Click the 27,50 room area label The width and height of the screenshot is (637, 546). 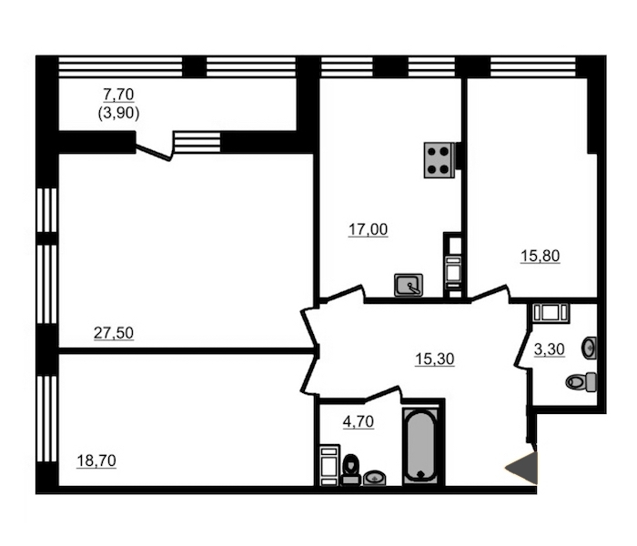click(114, 333)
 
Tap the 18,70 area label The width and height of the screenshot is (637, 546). click(96, 460)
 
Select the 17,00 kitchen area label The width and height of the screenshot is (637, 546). click(368, 229)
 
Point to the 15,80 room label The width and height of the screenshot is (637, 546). click(541, 256)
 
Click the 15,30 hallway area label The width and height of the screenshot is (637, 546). click(435, 359)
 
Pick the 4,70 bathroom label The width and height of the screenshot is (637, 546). click(359, 421)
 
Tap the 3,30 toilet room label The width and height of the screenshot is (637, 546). click(550, 349)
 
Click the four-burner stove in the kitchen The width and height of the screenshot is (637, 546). click(440, 160)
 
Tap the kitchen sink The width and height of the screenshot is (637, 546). click(409, 285)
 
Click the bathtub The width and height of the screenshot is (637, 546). click(420, 446)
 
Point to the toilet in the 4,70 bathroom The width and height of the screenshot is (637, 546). click(350, 470)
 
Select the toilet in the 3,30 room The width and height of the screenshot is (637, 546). click(581, 382)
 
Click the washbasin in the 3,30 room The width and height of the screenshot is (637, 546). click(589, 349)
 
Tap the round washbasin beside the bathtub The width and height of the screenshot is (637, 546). click(375, 478)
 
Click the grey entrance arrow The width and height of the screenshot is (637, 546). click(521, 468)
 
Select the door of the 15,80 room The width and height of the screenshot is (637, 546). click(490, 293)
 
